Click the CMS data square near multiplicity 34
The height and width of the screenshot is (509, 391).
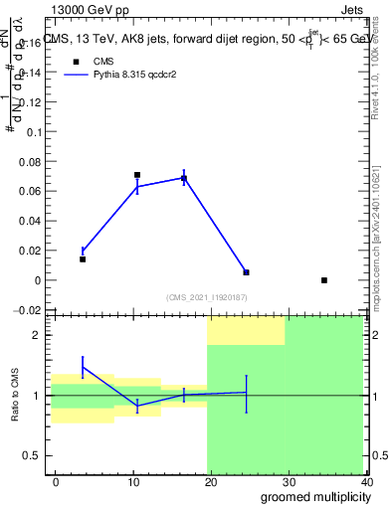pyautogui.click(x=324, y=280)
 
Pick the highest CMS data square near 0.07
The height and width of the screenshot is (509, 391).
pyautogui.click(x=137, y=175)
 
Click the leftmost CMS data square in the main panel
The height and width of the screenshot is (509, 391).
pyautogui.click(x=83, y=259)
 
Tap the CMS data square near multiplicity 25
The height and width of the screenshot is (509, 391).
pyautogui.click(x=246, y=272)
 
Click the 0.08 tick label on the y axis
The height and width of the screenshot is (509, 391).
pyautogui.click(x=30, y=161)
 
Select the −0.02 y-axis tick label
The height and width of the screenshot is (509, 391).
pyautogui.click(x=28, y=310)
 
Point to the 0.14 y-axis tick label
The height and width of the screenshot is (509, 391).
pyautogui.click(x=30, y=73)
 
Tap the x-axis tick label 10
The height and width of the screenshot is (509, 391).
pyautogui.click(x=133, y=480)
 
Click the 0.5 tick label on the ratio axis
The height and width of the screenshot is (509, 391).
pyautogui.click(x=33, y=455)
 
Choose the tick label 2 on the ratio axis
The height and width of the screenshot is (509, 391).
pyautogui.click(x=37, y=336)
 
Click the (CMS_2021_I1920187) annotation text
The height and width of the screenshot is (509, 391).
pyautogui.click(x=207, y=297)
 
